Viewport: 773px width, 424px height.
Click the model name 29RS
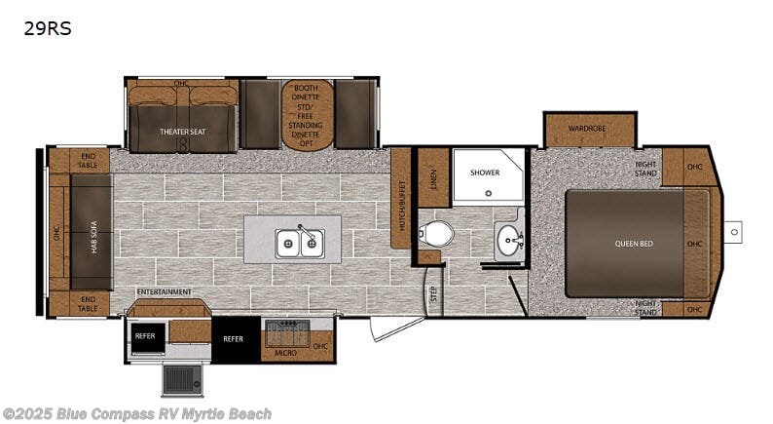click(x=49, y=29)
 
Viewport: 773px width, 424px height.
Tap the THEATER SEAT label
click(x=183, y=131)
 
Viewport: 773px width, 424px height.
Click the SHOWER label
click(x=484, y=173)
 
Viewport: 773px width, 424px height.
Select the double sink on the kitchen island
click(x=299, y=242)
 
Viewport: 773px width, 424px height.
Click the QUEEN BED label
click(x=634, y=243)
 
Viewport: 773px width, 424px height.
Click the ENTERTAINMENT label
click(x=164, y=291)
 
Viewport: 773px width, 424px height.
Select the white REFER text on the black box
click(x=233, y=339)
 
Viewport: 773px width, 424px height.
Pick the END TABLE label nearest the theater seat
click(x=89, y=160)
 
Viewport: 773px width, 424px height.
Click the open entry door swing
click(x=397, y=328)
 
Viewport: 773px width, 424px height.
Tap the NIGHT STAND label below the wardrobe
click(x=646, y=168)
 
